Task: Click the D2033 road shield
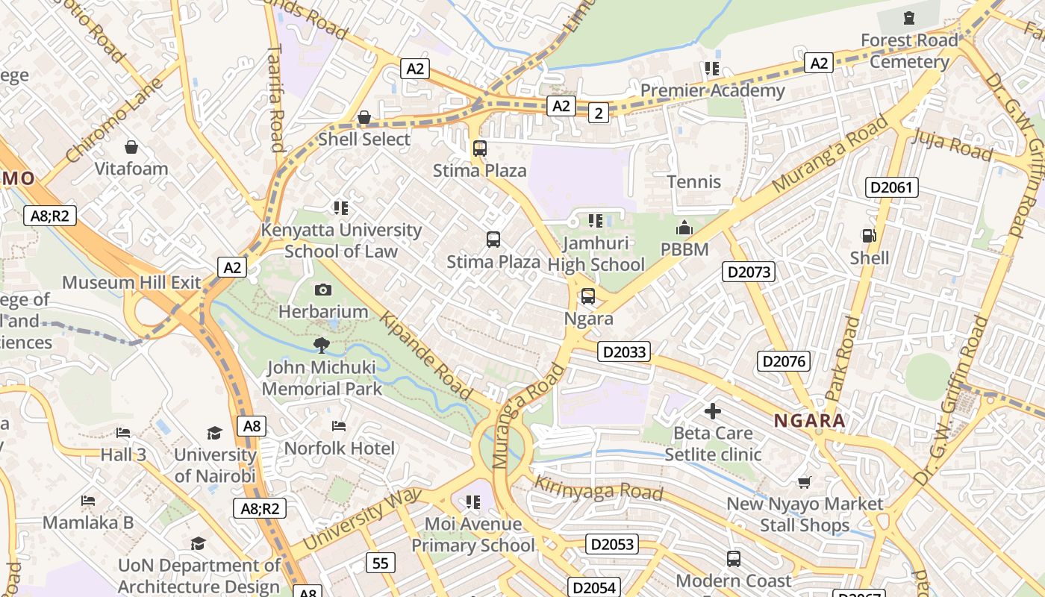(624, 351)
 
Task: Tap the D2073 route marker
(749, 272)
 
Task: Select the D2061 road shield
(892, 187)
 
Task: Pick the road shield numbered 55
(381, 563)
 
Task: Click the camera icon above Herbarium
(323, 290)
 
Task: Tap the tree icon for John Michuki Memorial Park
(322, 345)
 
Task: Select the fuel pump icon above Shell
(869, 236)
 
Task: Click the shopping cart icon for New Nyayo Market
(804, 482)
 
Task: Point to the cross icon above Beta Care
(712, 410)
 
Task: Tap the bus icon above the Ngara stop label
(588, 296)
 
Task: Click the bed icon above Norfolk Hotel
(339, 426)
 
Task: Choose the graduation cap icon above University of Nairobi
(215, 433)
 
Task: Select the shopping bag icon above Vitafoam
(131, 147)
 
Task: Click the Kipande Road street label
(426, 356)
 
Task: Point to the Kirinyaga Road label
(599, 488)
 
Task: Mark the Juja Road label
(952, 145)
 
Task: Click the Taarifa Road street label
(275, 97)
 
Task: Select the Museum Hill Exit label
(131, 283)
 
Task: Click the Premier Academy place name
(713, 91)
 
